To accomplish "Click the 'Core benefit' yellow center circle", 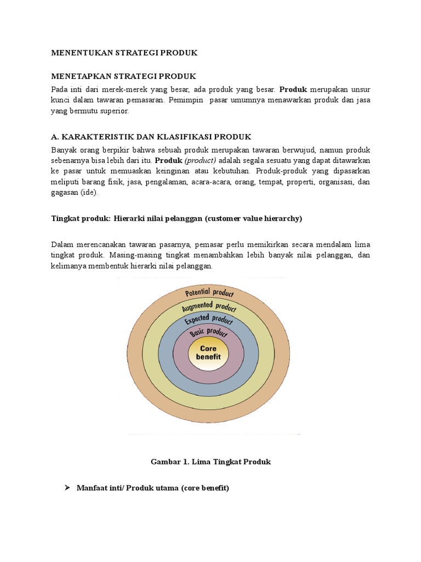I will pyautogui.click(x=208, y=353).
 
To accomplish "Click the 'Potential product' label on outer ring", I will pyautogui.click(x=209, y=293).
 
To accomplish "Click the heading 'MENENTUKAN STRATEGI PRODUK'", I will pyautogui.click(x=124, y=53).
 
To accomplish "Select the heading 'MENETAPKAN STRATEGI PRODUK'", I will pyautogui.click(x=123, y=76).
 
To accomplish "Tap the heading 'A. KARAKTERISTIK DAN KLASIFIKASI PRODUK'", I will pyautogui.click(x=151, y=136).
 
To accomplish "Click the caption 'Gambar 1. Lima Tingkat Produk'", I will pyautogui.click(x=211, y=462).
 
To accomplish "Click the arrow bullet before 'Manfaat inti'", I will pyautogui.click(x=68, y=487).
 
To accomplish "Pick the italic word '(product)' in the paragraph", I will pyautogui.click(x=201, y=161).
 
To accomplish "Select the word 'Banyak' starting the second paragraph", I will pyautogui.click(x=62, y=150).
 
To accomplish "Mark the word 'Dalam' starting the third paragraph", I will pyautogui.click(x=61, y=244).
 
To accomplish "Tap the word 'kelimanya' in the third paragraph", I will pyautogui.click(x=68, y=266).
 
